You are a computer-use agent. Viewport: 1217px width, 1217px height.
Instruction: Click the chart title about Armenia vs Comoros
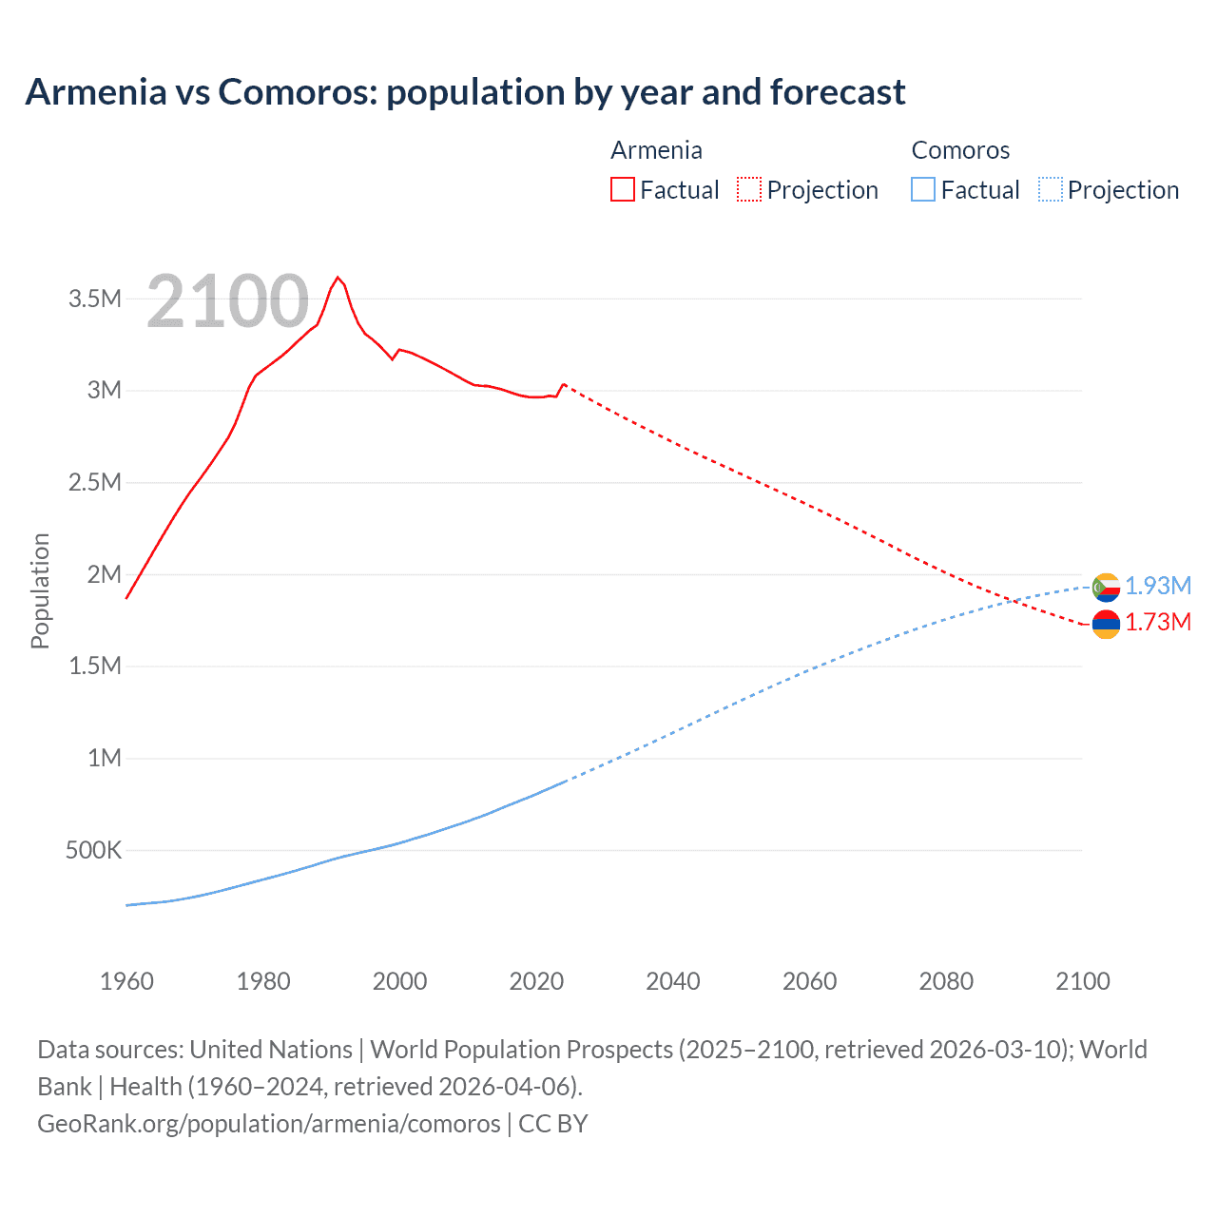[x=465, y=92]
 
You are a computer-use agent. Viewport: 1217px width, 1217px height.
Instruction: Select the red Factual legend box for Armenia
[x=622, y=189]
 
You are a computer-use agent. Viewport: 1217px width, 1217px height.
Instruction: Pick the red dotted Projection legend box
[x=748, y=189]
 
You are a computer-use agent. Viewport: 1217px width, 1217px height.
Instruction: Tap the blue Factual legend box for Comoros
[x=922, y=189]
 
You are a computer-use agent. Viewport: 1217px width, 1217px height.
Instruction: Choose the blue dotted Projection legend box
[x=1050, y=189]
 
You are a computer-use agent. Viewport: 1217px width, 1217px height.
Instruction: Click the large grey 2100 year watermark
[x=228, y=301]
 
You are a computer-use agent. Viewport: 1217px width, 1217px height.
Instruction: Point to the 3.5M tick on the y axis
[x=95, y=299]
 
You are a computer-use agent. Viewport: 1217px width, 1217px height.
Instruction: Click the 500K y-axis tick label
[x=93, y=850]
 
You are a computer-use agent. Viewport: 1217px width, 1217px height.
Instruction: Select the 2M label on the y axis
[x=104, y=574]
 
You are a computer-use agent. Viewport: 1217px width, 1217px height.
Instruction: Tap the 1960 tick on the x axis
[x=126, y=981]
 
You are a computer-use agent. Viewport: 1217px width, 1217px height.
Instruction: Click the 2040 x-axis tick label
[x=673, y=981]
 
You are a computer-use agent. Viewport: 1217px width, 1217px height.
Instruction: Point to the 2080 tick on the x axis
[x=946, y=981]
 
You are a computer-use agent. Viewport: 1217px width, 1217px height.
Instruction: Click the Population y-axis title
[x=40, y=590]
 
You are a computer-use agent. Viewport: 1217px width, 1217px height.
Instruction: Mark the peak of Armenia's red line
[x=338, y=278]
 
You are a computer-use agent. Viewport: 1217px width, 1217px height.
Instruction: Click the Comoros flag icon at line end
[x=1106, y=588]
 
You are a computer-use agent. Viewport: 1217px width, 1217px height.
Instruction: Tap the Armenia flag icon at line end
[x=1106, y=624]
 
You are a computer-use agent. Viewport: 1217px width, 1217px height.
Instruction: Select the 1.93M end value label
[x=1158, y=586]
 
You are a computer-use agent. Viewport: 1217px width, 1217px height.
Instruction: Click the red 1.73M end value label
[x=1158, y=622]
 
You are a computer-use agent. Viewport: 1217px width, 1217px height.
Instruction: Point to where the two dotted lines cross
[x=1014, y=601]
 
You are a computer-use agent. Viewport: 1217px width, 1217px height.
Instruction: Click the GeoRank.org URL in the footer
[x=269, y=1123]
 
